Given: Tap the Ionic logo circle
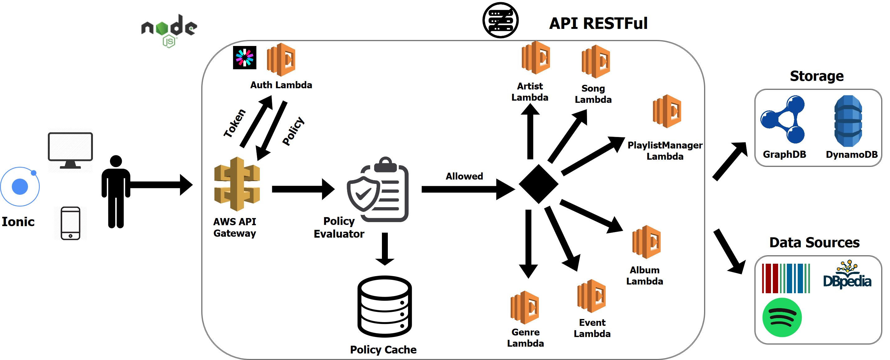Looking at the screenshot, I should (x=20, y=187).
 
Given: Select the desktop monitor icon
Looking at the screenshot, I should (x=70, y=150).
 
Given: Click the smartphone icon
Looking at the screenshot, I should (x=71, y=223).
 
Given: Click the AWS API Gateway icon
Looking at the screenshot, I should (x=237, y=184).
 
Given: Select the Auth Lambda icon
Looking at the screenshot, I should (x=281, y=59).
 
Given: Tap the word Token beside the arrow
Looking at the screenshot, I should (x=235, y=123).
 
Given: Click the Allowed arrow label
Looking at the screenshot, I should (x=464, y=176).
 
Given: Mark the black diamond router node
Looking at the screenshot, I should (x=538, y=184).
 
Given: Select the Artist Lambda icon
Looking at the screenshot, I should (x=535, y=58).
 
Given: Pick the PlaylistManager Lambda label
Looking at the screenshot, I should (x=664, y=151).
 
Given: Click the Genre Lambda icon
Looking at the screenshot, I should (x=525, y=308).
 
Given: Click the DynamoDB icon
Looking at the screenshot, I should (x=848, y=121).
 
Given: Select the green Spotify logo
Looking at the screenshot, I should (x=782, y=317).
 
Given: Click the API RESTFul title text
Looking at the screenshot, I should (x=598, y=24).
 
